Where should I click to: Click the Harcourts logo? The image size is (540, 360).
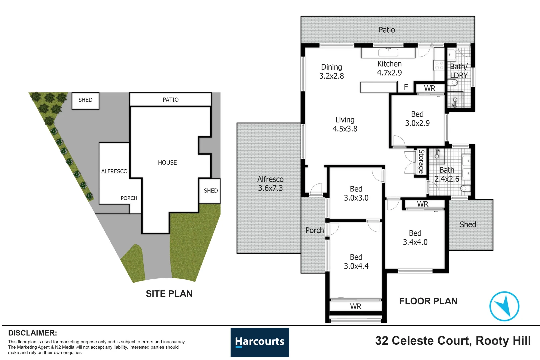point(260,342)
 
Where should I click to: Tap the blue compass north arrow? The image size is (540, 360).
point(504,306)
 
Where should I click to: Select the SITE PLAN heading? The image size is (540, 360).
point(169,294)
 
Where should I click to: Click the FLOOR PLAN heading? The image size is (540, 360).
point(428,301)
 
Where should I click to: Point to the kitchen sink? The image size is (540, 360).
point(388,52)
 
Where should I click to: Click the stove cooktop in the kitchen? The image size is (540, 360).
point(439,65)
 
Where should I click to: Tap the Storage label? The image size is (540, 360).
point(421,161)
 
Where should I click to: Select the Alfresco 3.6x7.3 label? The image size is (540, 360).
point(270,184)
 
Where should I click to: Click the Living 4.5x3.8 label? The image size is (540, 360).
point(345,124)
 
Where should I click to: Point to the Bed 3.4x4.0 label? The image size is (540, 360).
point(415,238)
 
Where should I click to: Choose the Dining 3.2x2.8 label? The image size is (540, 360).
point(331,72)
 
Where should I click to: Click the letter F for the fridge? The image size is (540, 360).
point(406,87)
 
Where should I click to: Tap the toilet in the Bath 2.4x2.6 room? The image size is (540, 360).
point(465,188)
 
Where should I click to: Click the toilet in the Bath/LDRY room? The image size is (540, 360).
point(452,83)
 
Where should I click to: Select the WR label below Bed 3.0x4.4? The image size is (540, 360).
point(356,306)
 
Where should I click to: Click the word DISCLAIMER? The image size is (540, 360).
point(33,333)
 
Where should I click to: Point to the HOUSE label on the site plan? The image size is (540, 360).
point(167,163)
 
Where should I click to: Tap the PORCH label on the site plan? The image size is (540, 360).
point(129,198)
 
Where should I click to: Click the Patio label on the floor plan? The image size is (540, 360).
point(387,30)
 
